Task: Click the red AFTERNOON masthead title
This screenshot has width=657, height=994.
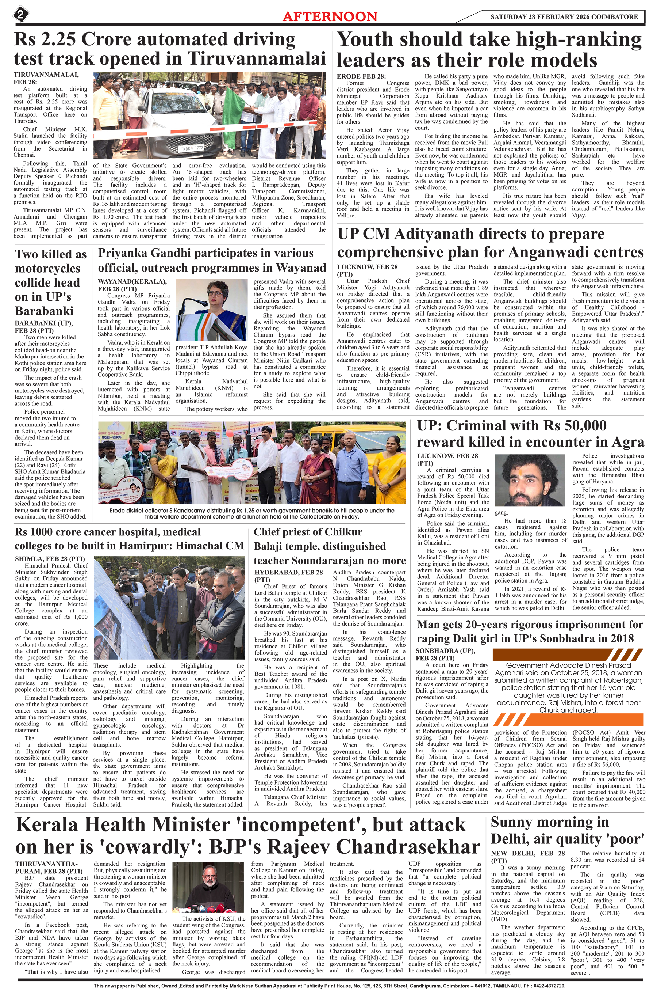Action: pos(330,16)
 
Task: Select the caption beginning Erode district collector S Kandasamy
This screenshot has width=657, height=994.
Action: pos(252,513)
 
